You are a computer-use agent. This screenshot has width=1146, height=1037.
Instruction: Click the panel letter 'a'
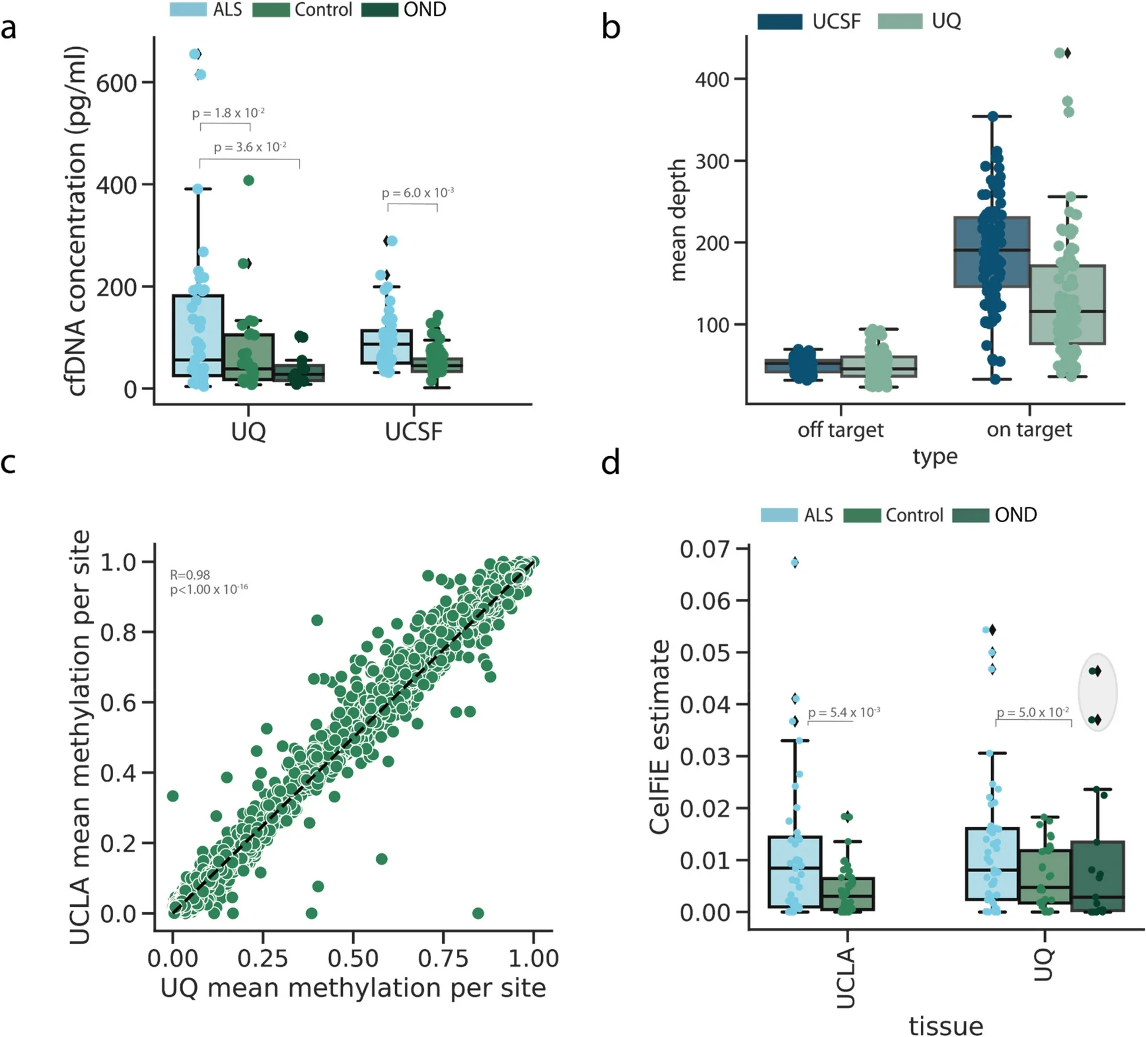(x=8, y=28)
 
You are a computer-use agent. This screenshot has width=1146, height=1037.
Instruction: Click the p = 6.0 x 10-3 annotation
(x=417, y=193)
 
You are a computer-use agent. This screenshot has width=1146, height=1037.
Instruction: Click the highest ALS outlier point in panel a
(x=194, y=54)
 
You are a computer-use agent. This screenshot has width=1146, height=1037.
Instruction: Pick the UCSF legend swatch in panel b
(x=779, y=22)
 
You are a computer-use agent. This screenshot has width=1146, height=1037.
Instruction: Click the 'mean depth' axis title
(x=678, y=220)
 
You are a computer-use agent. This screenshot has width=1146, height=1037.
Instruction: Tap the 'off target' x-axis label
(x=840, y=430)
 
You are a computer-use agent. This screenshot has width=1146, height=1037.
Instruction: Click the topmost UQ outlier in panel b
(x=1060, y=54)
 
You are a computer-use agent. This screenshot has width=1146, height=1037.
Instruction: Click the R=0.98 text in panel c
(x=190, y=574)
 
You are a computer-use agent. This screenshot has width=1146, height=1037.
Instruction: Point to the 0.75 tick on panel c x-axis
(x=443, y=958)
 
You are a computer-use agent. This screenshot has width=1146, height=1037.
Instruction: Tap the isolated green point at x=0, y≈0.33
(x=173, y=796)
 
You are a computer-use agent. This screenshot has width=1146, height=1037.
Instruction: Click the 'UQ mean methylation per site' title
(x=353, y=988)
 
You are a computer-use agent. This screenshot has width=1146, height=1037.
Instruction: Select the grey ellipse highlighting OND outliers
(x=1097, y=692)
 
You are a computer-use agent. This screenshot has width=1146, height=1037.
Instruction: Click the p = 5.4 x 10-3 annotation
(x=843, y=713)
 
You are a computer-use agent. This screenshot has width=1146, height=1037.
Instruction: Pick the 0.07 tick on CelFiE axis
(x=704, y=549)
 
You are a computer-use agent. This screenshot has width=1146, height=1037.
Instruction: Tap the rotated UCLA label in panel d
(x=845, y=978)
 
